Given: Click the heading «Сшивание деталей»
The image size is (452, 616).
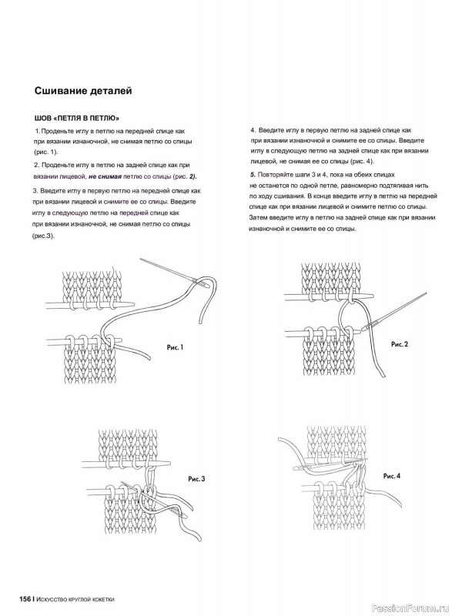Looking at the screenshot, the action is (x=83, y=91).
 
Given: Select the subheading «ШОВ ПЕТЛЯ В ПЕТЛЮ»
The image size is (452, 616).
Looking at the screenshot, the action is (x=76, y=118).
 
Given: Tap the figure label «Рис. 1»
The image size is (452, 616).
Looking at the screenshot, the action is (x=175, y=347).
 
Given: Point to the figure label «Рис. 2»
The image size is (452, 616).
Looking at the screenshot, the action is (x=400, y=344).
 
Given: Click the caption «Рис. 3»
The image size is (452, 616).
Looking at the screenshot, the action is (x=196, y=479).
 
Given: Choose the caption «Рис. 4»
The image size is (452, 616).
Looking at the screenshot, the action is (x=392, y=476).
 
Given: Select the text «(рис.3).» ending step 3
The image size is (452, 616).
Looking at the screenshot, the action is (x=43, y=236).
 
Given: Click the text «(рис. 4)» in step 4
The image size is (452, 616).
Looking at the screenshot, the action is (x=361, y=162).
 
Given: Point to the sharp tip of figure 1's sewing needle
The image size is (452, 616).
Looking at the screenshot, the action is (x=141, y=259).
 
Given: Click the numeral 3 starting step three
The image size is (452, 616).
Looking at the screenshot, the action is (x=35, y=191).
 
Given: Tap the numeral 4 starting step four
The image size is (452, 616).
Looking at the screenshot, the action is (x=253, y=130).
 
